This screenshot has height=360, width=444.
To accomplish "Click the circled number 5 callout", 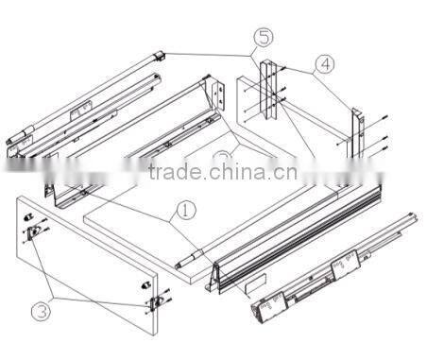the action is pyautogui.click(x=264, y=40).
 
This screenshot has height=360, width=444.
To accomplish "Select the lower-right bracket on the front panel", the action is pyautogui.click(x=153, y=300).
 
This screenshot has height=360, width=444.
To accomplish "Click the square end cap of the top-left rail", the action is pyautogui.click(x=159, y=58).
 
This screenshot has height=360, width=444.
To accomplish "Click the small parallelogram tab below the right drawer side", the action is pyautogui.click(x=253, y=283).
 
